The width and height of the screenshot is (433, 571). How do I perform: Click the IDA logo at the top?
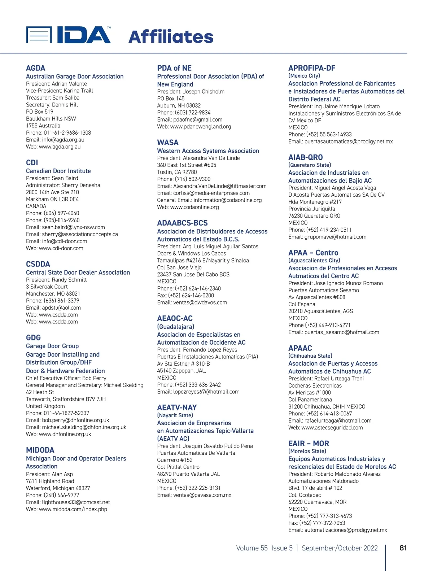click(x=69, y=35)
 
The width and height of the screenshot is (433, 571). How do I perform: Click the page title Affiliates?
click(x=171, y=37)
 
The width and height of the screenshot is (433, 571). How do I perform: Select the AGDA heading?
click(x=36, y=68)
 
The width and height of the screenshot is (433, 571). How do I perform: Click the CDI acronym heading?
click(x=32, y=163)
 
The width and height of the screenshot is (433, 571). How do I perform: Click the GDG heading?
click(x=34, y=338)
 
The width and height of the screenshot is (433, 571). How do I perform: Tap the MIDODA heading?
click(x=40, y=450)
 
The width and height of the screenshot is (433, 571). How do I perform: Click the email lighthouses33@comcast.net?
click(x=76, y=502)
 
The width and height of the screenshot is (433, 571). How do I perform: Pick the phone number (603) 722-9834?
click(x=193, y=113)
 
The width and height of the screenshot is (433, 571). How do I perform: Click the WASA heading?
click(x=168, y=143)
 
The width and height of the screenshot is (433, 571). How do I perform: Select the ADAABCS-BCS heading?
click(x=182, y=223)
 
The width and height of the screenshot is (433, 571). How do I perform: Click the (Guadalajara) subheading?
click(x=175, y=327)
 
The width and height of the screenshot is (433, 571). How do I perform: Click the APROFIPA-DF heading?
click(x=312, y=68)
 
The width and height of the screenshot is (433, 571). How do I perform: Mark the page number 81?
click(x=403, y=548)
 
